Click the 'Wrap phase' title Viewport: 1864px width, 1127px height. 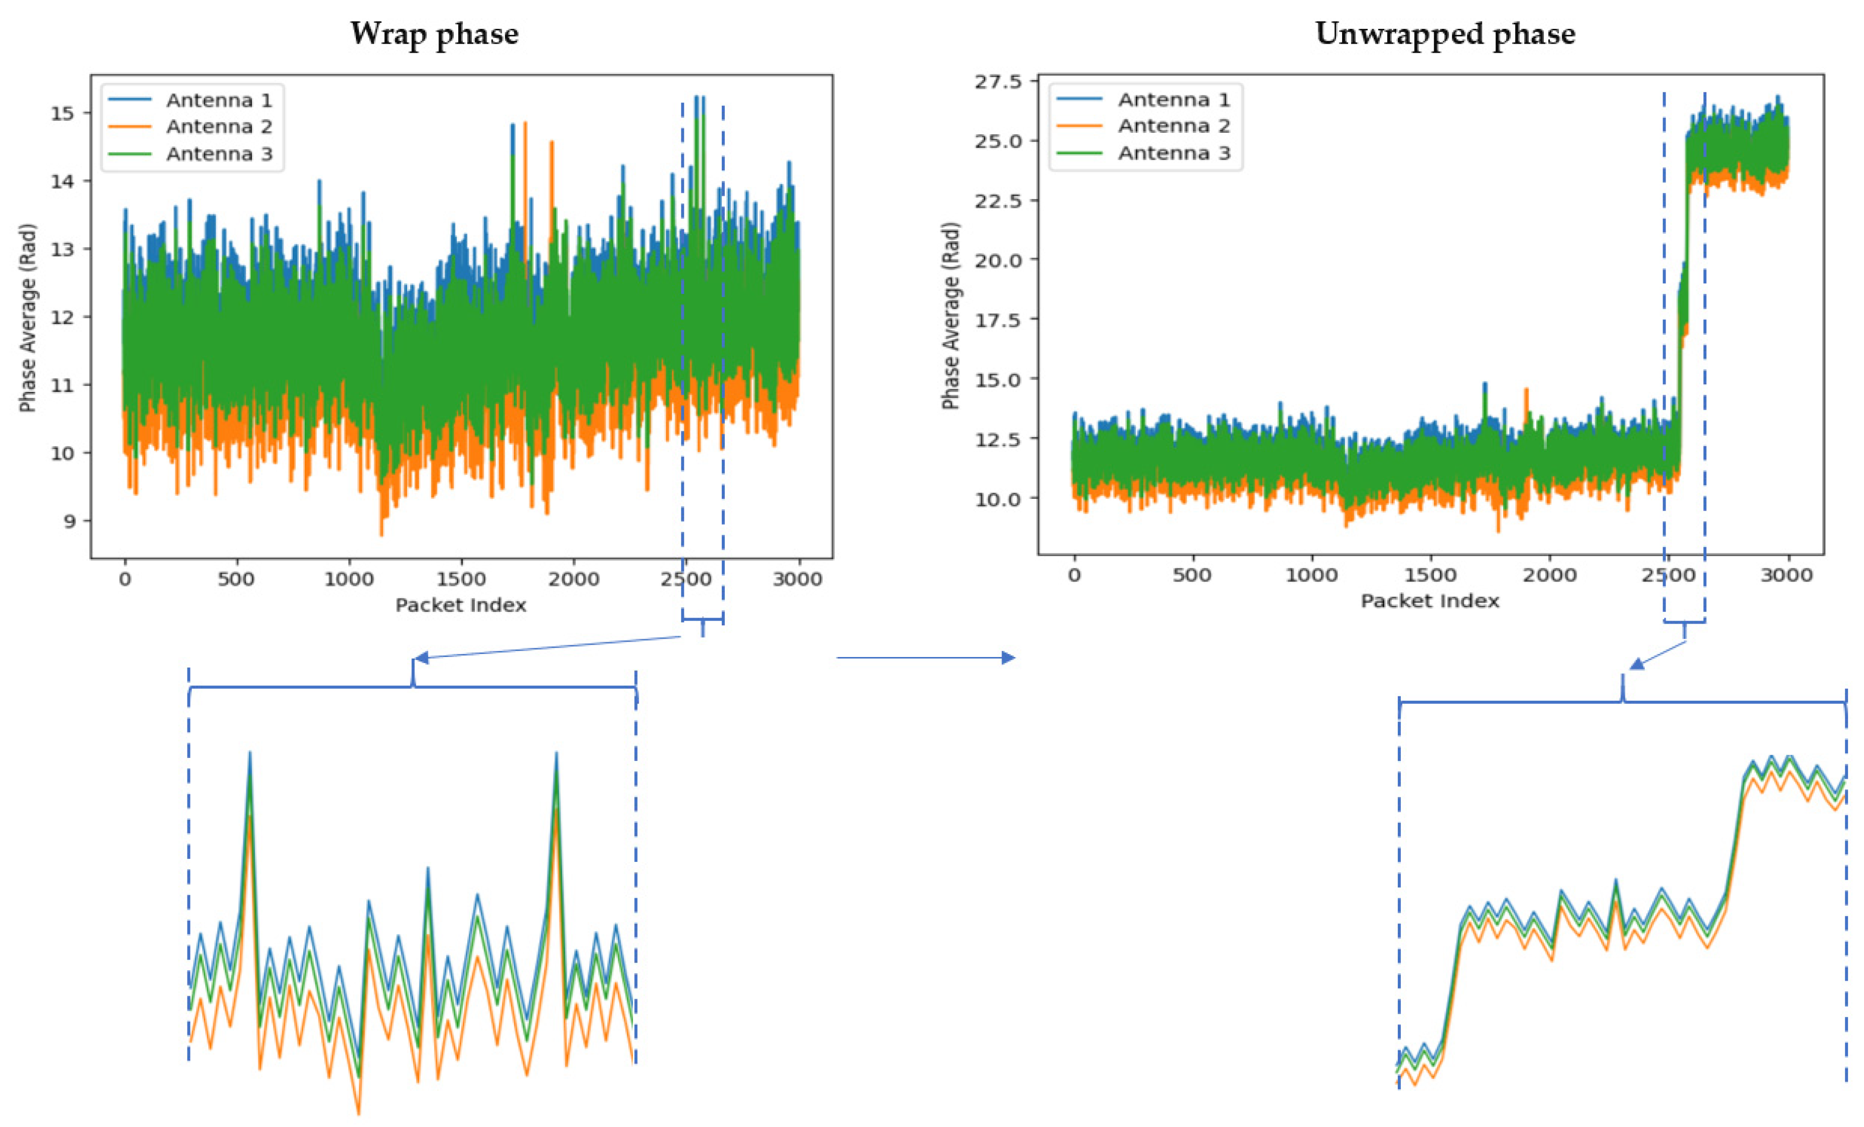click(434, 34)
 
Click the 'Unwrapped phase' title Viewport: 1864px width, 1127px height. click(1445, 34)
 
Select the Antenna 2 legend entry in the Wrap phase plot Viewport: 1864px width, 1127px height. click(218, 126)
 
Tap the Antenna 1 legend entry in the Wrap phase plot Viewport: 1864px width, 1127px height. click(218, 100)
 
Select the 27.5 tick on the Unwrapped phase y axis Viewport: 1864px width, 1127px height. click(997, 82)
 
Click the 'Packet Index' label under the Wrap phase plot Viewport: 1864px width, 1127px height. click(461, 605)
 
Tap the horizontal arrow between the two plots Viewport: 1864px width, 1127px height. click(925, 657)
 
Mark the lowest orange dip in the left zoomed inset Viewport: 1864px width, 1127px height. click(358, 1114)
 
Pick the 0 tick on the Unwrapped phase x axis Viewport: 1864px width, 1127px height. click(1074, 576)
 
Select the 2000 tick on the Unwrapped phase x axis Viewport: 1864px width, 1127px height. click(1549, 576)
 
